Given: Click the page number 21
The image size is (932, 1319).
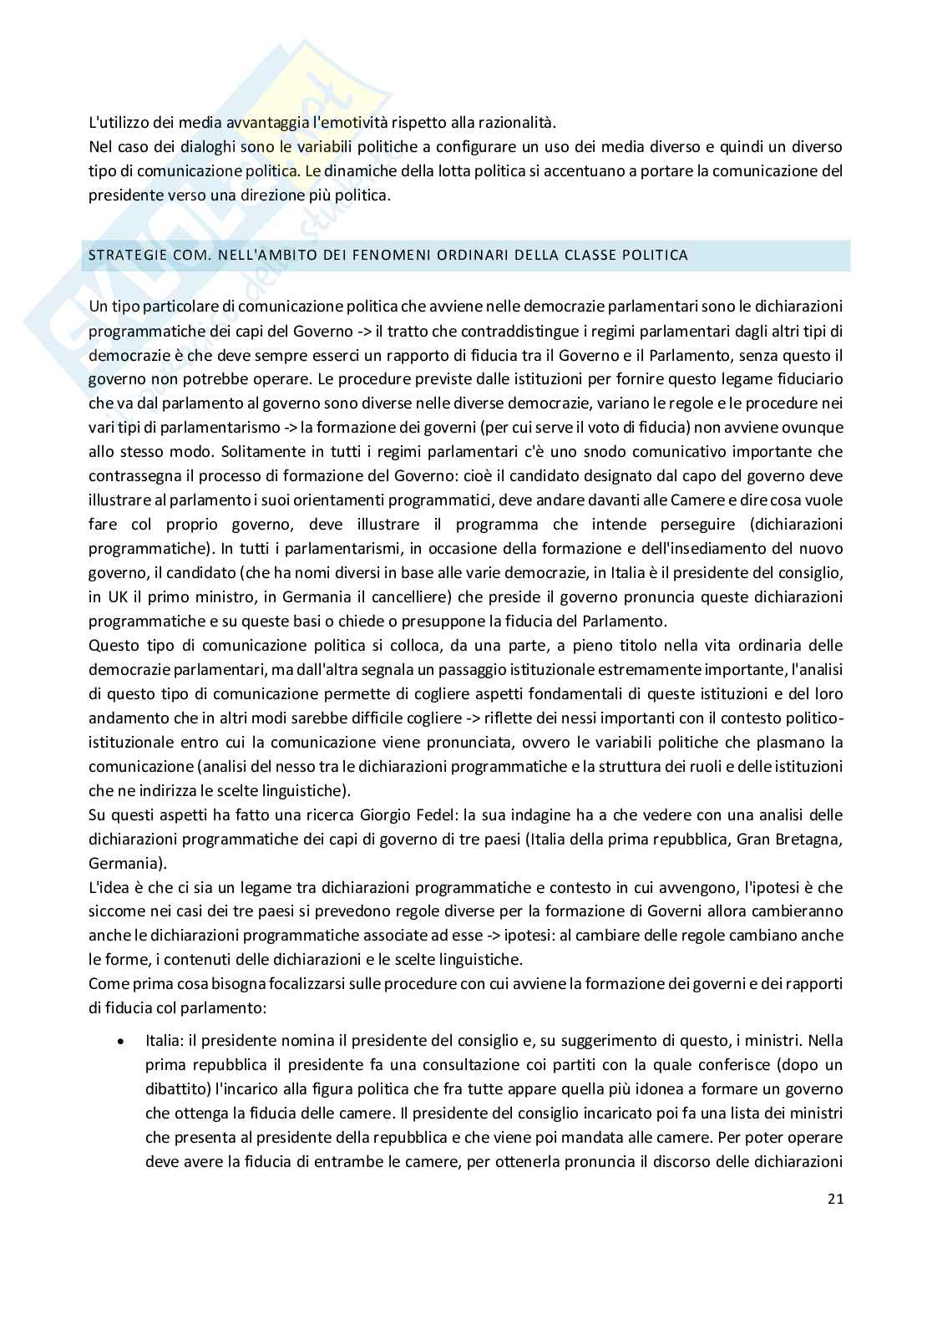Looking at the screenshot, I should pyautogui.click(x=835, y=1200).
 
